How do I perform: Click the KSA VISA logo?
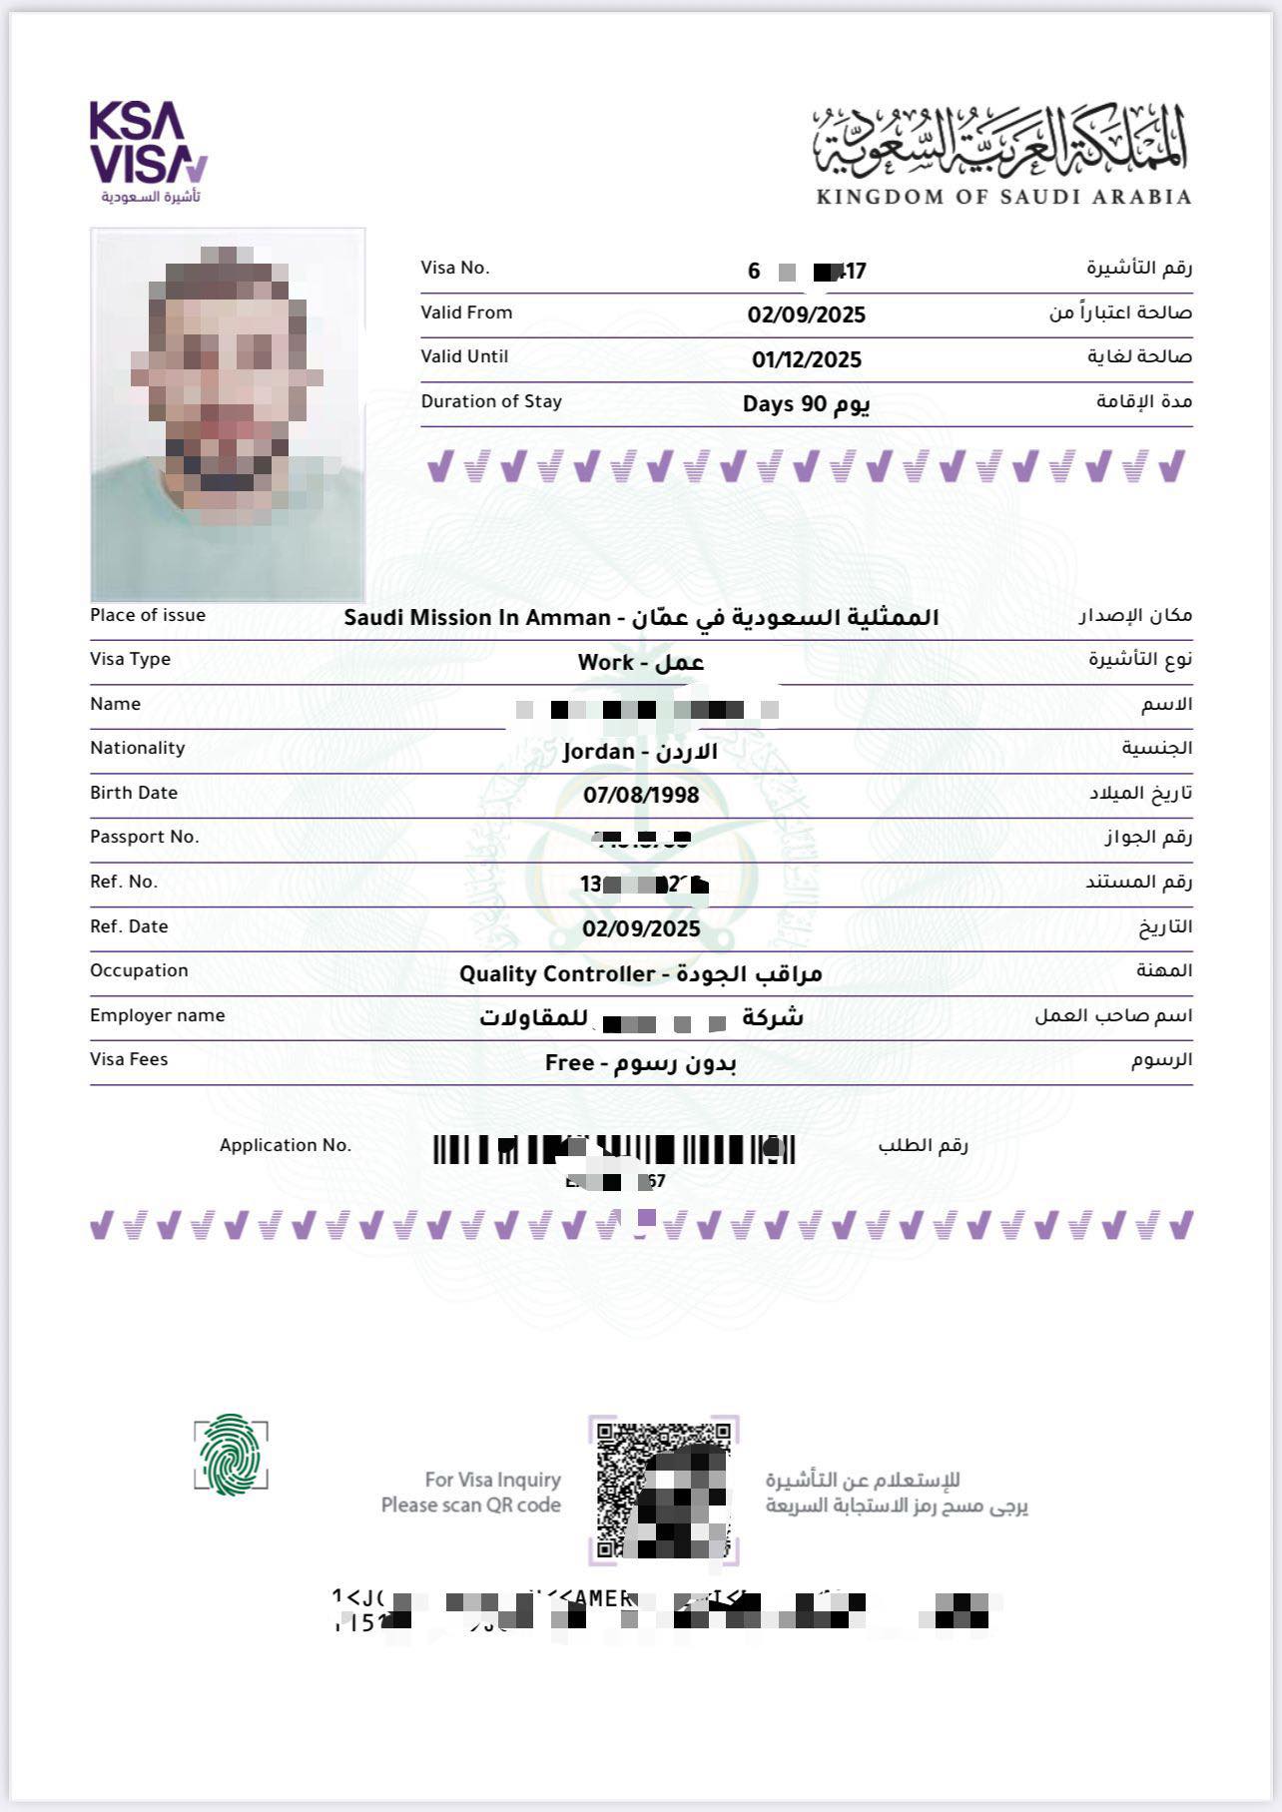pos(148,150)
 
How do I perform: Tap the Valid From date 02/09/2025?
pos(806,315)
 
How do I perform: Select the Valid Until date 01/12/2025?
pos(806,360)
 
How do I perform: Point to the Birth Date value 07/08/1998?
pos(641,796)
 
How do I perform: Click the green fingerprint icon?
pos(231,1455)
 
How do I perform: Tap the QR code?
pos(663,1491)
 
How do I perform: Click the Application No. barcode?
pos(613,1150)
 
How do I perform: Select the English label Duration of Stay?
pos(491,401)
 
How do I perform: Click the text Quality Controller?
pos(556,974)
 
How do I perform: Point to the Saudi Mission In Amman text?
pos(476,618)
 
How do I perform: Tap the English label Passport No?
pos(145,837)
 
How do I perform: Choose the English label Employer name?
pos(158,1015)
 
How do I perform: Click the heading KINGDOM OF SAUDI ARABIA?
pos(1003,197)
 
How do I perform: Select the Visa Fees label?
pos(129,1059)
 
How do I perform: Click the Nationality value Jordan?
pos(598,752)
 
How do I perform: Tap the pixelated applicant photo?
pos(228,414)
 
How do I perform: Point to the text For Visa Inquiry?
pos(492,1480)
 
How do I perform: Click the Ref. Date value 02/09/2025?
pos(641,929)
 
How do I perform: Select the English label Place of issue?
pos(148,615)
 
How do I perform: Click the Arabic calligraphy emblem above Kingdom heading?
pos(1001,140)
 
